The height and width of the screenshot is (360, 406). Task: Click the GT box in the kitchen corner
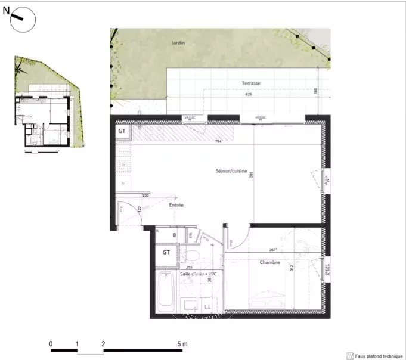pyautogui.click(x=122, y=131)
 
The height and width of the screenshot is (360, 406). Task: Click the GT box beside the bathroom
pyautogui.click(x=166, y=252)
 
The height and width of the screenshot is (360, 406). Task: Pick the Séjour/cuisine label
pyautogui.click(x=231, y=171)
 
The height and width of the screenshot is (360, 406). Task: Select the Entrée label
pyautogui.click(x=176, y=205)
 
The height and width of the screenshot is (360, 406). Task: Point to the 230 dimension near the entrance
pyautogui.click(x=145, y=195)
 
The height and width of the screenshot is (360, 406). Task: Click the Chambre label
pyautogui.click(x=270, y=262)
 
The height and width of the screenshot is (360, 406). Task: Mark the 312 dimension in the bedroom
pyautogui.click(x=292, y=268)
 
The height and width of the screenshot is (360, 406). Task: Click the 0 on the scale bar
pyautogui.click(x=51, y=344)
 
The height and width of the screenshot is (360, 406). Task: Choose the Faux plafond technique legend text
pyautogui.click(x=374, y=355)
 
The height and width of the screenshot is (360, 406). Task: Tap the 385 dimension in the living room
pyautogui.click(x=252, y=177)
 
